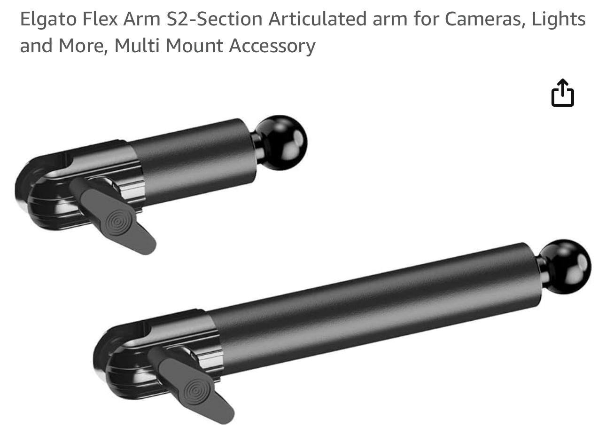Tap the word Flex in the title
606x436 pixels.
tap(100, 19)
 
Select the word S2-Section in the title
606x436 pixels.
tap(214, 19)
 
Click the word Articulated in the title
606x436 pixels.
tap(318, 19)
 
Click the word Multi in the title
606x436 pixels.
tap(137, 45)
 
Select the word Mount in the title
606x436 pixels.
tap(194, 46)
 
